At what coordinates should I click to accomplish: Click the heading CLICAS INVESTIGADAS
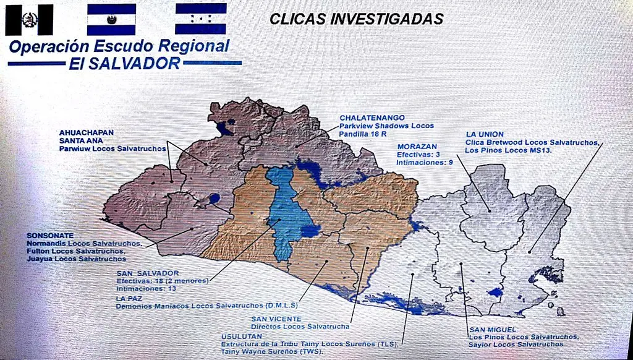pyautogui.click(x=356, y=19)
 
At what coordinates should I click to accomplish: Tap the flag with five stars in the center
pyautogui.click(x=200, y=19)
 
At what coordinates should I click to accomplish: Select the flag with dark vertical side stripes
pyautogui.click(x=29, y=20)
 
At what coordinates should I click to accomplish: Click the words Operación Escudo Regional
pyautogui.click(x=119, y=47)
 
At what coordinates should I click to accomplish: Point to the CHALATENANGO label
pyautogui.click(x=372, y=118)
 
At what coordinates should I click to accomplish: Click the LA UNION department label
pyautogui.click(x=485, y=134)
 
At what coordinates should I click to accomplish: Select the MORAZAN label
pyautogui.click(x=418, y=146)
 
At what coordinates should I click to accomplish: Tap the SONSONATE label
pyautogui.click(x=49, y=236)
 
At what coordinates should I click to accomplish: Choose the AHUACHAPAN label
pyautogui.click(x=87, y=132)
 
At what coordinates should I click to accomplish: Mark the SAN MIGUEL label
pyautogui.click(x=492, y=329)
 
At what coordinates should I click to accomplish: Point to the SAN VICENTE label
pyautogui.click(x=276, y=319)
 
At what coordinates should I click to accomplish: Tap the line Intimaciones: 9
pyautogui.click(x=425, y=162)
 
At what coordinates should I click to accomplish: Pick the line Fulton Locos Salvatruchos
pyautogui.click(x=76, y=251)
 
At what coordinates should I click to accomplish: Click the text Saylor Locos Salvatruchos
pyautogui.click(x=516, y=344)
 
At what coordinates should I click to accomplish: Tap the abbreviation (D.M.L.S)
pyautogui.click(x=282, y=306)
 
